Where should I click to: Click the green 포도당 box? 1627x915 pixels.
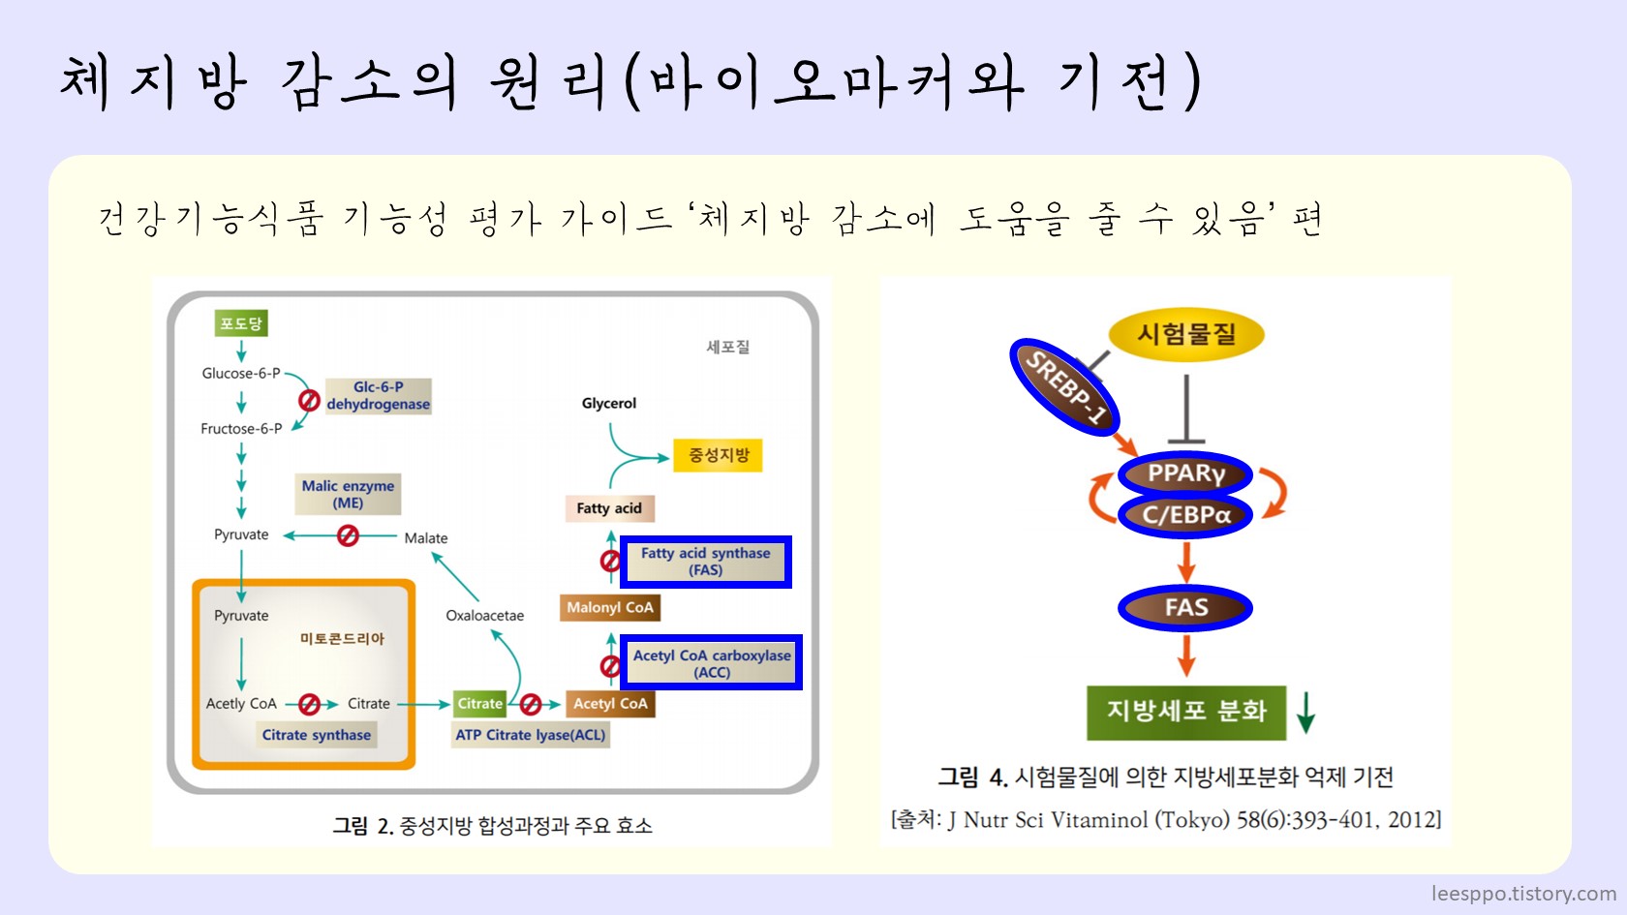pyautogui.click(x=240, y=323)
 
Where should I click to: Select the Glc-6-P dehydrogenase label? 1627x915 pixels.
pyautogui.click(x=378, y=396)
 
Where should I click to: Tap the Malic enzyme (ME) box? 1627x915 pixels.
pyautogui.click(x=349, y=494)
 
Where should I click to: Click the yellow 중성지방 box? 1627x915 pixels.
pyautogui.click(x=719, y=455)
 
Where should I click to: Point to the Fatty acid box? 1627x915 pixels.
pyautogui.click(x=609, y=508)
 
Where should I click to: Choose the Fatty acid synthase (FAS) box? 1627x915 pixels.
pyautogui.click(x=706, y=562)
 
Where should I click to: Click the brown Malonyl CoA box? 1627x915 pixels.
pyautogui.click(x=610, y=607)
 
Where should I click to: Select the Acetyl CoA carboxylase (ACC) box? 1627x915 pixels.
pyautogui.click(x=712, y=663)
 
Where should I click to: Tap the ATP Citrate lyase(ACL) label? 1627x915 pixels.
pyautogui.click(x=531, y=735)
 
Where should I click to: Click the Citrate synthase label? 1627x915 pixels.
pyautogui.click(x=317, y=735)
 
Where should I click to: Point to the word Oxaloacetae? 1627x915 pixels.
pyautogui.click(x=484, y=616)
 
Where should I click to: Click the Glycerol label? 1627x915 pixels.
pyautogui.click(x=609, y=403)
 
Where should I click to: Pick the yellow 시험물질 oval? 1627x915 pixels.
pyautogui.click(x=1186, y=335)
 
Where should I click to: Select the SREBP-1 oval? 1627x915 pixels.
pyautogui.click(x=1064, y=387)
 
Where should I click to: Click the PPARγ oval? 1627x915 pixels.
pyautogui.click(x=1185, y=473)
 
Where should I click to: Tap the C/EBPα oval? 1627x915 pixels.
pyautogui.click(x=1185, y=515)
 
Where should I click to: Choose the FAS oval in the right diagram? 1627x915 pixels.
pyautogui.click(x=1185, y=608)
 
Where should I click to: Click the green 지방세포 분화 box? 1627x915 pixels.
pyautogui.click(x=1186, y=712)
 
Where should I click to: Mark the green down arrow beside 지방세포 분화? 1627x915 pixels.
pyautogui.click(x=1305, y=712)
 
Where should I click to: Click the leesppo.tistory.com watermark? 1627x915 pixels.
pyautogui.click(x=1523, y=894)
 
